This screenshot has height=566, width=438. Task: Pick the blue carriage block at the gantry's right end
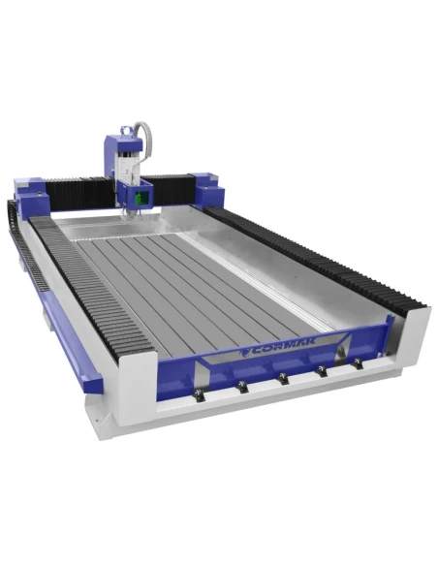[206, 188]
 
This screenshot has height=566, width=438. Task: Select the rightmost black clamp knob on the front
[358, 363]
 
